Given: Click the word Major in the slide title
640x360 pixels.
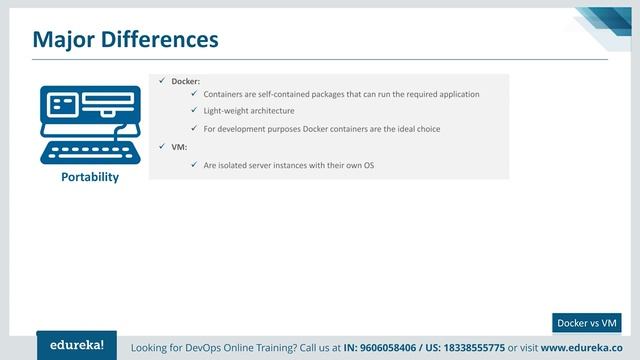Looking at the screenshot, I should tap(65, 39).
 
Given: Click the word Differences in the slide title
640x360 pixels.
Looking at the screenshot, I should tap(160, 39).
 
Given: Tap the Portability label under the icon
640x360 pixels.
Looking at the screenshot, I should tap(89, 177).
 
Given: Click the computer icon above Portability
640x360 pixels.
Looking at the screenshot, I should tap(89, 125).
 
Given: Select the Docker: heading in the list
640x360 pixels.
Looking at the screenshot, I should tap(186, 80).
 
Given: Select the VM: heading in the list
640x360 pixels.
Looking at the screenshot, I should tap(179, 147).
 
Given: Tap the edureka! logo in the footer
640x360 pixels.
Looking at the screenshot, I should tap(76, 345).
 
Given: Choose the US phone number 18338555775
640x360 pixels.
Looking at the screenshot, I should tap(468, 348).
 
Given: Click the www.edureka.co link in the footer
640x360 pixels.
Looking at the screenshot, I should tap(585, 348).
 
